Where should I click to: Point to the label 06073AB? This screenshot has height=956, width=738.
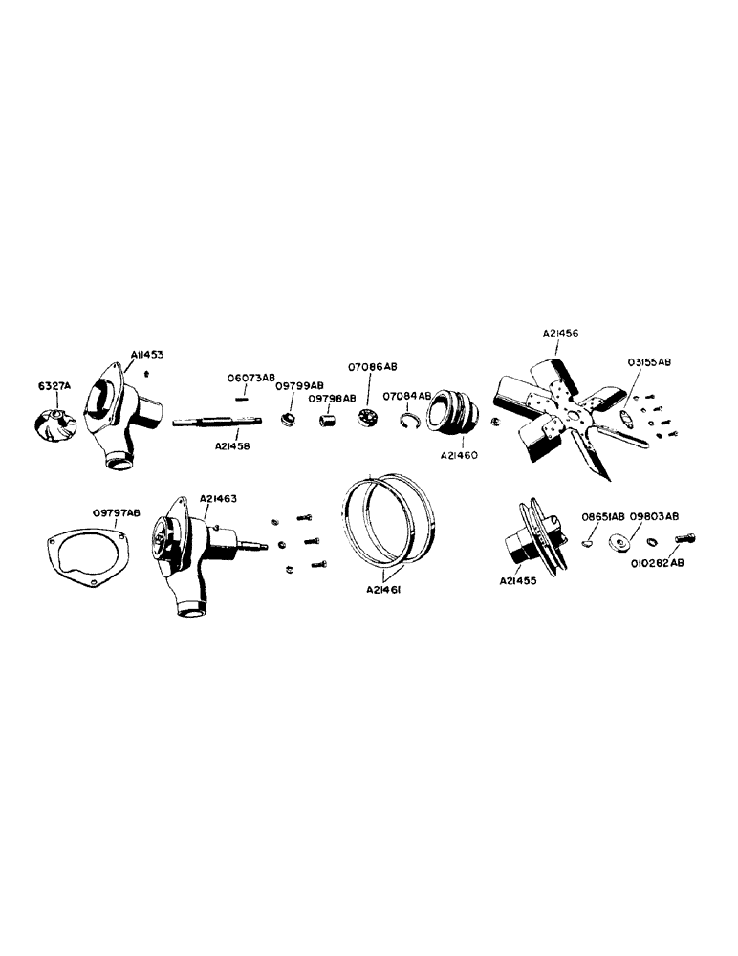(251, 378)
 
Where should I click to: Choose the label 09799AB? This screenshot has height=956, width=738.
(299, 385)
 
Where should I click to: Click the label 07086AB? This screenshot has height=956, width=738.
(373, 366)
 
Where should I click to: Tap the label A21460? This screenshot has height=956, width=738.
(458, 456)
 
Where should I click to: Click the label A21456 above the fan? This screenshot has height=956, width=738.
(560, 334)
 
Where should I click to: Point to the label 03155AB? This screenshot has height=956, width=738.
(649, 363)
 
